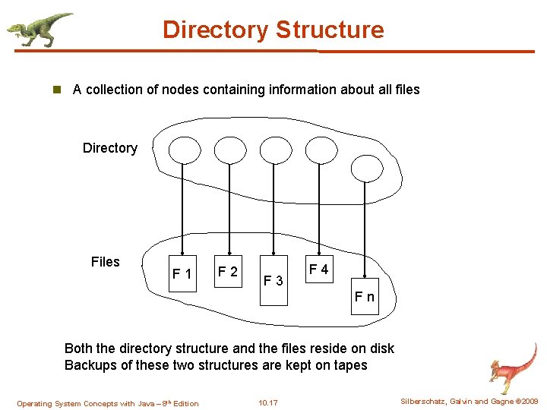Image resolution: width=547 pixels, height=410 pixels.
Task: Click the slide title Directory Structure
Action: pos(273,30)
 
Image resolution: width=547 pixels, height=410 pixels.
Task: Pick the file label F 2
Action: pos(227,271)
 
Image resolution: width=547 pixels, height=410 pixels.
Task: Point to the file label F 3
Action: pos(273,281)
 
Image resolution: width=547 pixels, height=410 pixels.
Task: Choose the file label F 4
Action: pos(318,270)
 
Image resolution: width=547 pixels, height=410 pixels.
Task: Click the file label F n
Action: pos(365,296)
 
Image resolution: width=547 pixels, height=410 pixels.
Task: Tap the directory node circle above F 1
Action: pos(183,150)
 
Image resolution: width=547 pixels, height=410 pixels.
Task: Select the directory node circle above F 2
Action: pos(230,150)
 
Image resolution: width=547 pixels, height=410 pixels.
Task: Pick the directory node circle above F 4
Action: pos(321,150)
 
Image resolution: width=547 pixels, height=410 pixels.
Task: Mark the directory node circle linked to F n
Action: pos(367,169)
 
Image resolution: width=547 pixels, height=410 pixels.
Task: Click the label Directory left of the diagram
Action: pos(110,148)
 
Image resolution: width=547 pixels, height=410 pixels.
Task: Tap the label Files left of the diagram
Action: pos(106,262)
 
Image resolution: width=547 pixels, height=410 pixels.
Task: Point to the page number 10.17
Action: pos(268,403)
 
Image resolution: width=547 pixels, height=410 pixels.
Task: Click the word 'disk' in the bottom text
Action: pos(380,348)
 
